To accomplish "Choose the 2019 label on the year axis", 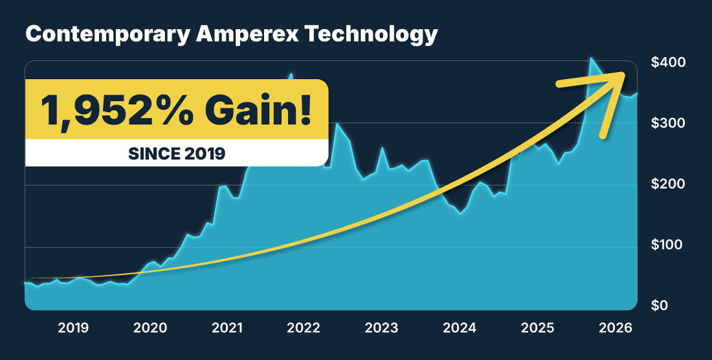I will (x=74, y=328).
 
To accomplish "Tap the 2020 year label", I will (x=151, y=328).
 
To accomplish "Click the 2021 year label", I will (x=228, y=328).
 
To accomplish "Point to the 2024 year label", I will (x=460, y=328).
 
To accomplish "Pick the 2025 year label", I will (x=537, y=328).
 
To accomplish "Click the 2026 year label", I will (x=614, y=328).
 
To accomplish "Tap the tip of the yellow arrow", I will (x=626, y=73).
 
